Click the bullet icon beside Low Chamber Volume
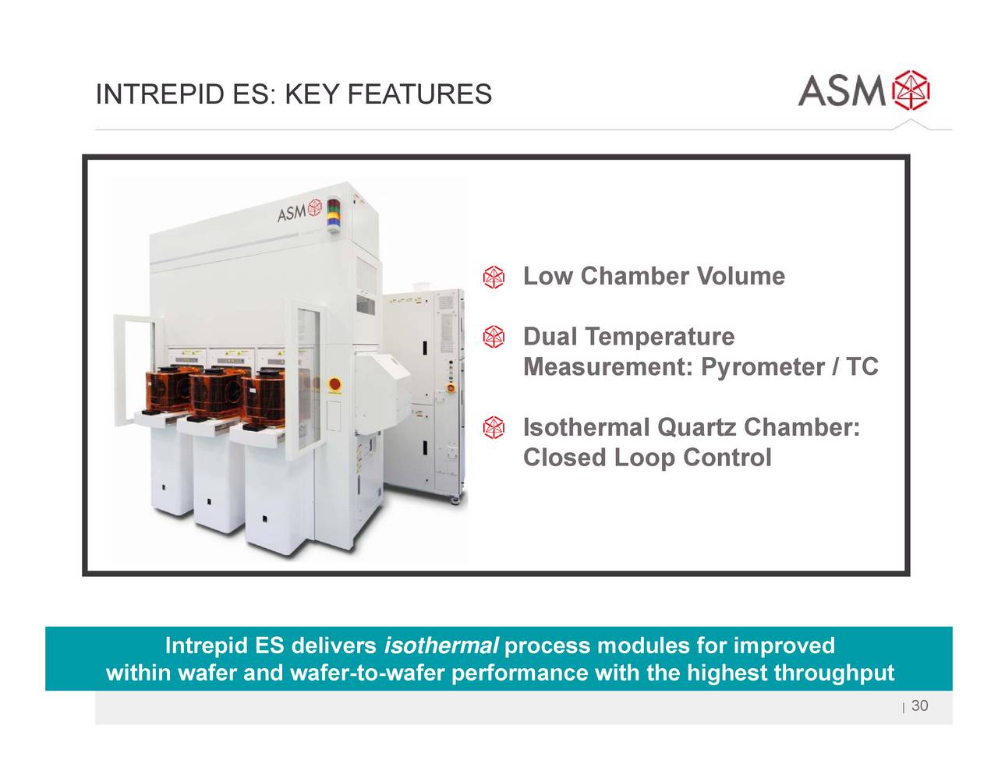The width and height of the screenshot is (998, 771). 493,277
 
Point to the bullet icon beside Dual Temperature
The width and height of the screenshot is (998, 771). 493,338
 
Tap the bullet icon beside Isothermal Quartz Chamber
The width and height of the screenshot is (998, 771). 493,428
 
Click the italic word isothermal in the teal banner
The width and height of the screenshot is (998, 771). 441,646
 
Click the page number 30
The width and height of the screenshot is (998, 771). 919,706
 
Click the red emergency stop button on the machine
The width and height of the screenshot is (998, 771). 335,384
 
